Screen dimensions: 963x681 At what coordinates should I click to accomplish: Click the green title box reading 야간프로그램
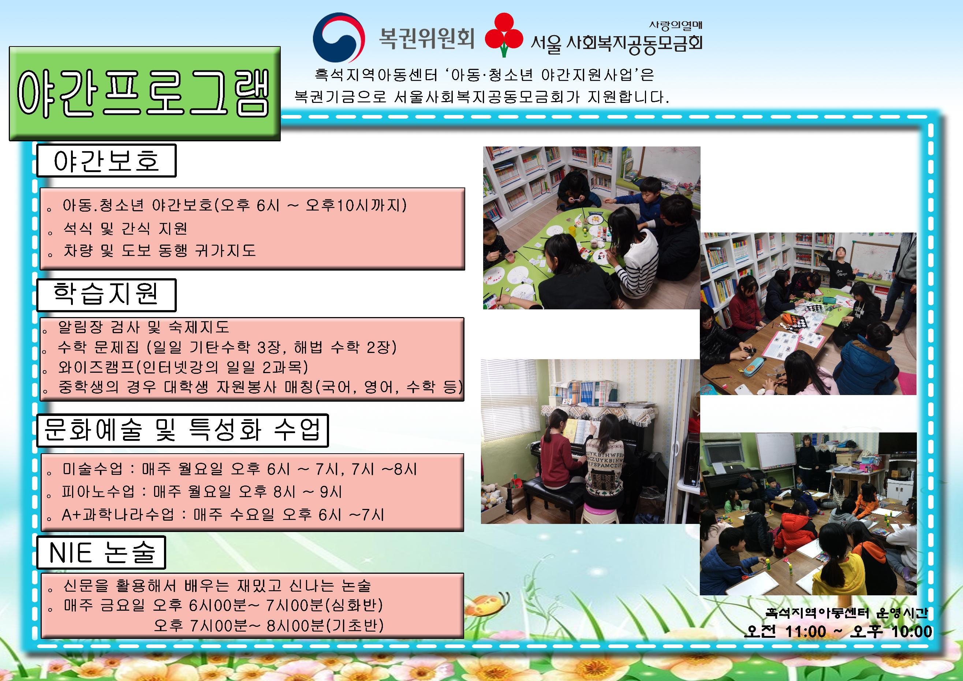[x=145, y=94]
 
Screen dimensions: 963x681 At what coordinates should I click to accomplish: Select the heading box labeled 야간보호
[x=107, y=161]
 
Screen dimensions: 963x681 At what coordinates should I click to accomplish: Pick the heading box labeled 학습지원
[x=107, y=295]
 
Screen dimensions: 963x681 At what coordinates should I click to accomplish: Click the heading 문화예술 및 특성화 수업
[x=182, y=431]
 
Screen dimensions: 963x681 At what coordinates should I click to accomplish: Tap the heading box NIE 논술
[x=101, y=552]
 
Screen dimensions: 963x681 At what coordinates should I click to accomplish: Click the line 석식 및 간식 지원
[x=118, y=229]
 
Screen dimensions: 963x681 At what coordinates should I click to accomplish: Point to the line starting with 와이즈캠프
[x=176, y=367]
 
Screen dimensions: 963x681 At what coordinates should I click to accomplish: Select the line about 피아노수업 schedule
[x=195, y=492]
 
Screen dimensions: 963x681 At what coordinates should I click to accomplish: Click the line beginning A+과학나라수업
[x=216, y=514]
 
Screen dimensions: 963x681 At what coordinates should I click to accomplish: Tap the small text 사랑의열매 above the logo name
[x=676, y=26]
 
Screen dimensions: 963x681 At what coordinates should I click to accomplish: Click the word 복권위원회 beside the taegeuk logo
[x=426, y=38]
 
